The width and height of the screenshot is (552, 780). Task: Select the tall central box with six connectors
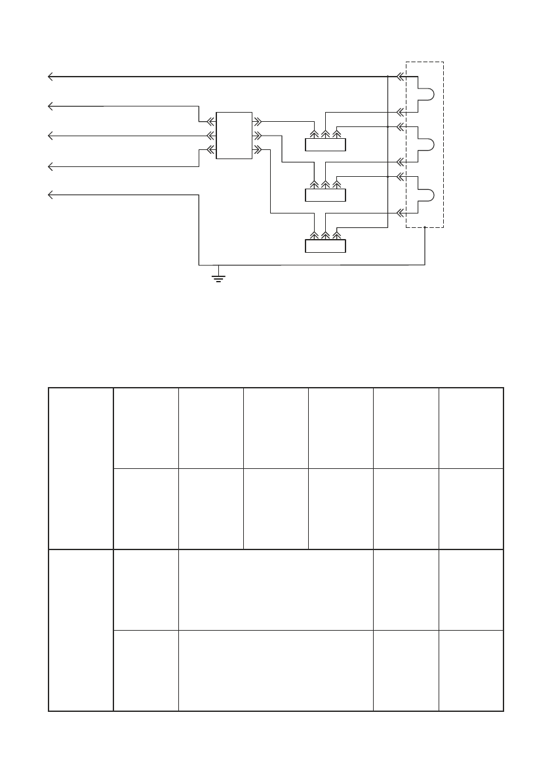click(x=234, y=136)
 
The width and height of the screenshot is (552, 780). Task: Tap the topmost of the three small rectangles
click(x=325, y=145)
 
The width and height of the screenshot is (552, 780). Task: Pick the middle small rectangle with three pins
click(x=325, y=195)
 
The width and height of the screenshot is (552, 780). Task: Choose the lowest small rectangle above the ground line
click(x=325, y=246)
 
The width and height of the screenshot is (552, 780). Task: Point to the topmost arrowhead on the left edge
click(x=50, y=77)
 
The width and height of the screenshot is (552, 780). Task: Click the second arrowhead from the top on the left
click(x=50, y=105)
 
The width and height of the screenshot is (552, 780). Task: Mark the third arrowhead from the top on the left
click(x=50, y=136)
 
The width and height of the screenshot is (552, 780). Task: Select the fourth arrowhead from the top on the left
click(x=50, y=167)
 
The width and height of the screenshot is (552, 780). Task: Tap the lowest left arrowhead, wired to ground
click(x=50, y=195)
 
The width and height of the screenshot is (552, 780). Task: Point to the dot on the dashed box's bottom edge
click(x=425, y=228)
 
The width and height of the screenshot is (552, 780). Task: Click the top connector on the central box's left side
click(x=210, y=121)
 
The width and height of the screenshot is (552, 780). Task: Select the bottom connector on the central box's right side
click(x=258, y=150)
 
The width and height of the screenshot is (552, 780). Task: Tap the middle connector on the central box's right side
click(x=258, y=136)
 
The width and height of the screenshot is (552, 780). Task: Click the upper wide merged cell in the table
click(x=275, y=589)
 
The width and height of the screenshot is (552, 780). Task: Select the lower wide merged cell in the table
click(x=275, y=670)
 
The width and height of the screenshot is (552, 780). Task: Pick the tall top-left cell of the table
click(x=81, y=468)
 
